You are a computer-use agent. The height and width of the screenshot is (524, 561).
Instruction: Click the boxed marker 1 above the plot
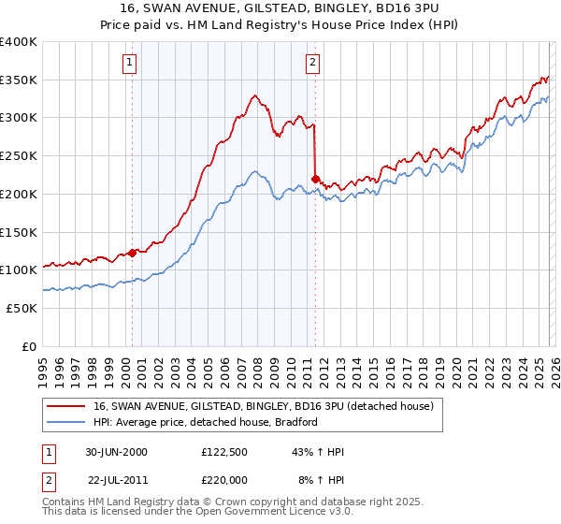[131, 64]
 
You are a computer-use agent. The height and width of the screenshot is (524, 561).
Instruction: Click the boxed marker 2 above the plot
[313, 64]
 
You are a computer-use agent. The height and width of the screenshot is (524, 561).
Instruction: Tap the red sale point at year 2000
[132, 252]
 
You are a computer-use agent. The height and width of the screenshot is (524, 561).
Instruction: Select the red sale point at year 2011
[315, 178]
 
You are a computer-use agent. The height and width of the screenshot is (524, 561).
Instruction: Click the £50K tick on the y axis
[22, 308]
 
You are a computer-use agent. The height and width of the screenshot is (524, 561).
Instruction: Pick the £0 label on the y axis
[30, 346]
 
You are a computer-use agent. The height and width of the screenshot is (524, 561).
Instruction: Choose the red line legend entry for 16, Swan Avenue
[263, 407]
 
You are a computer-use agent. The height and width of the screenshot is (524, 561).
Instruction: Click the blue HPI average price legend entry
[206, 422]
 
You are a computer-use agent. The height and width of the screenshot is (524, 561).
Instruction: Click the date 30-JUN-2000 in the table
[115, 452]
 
